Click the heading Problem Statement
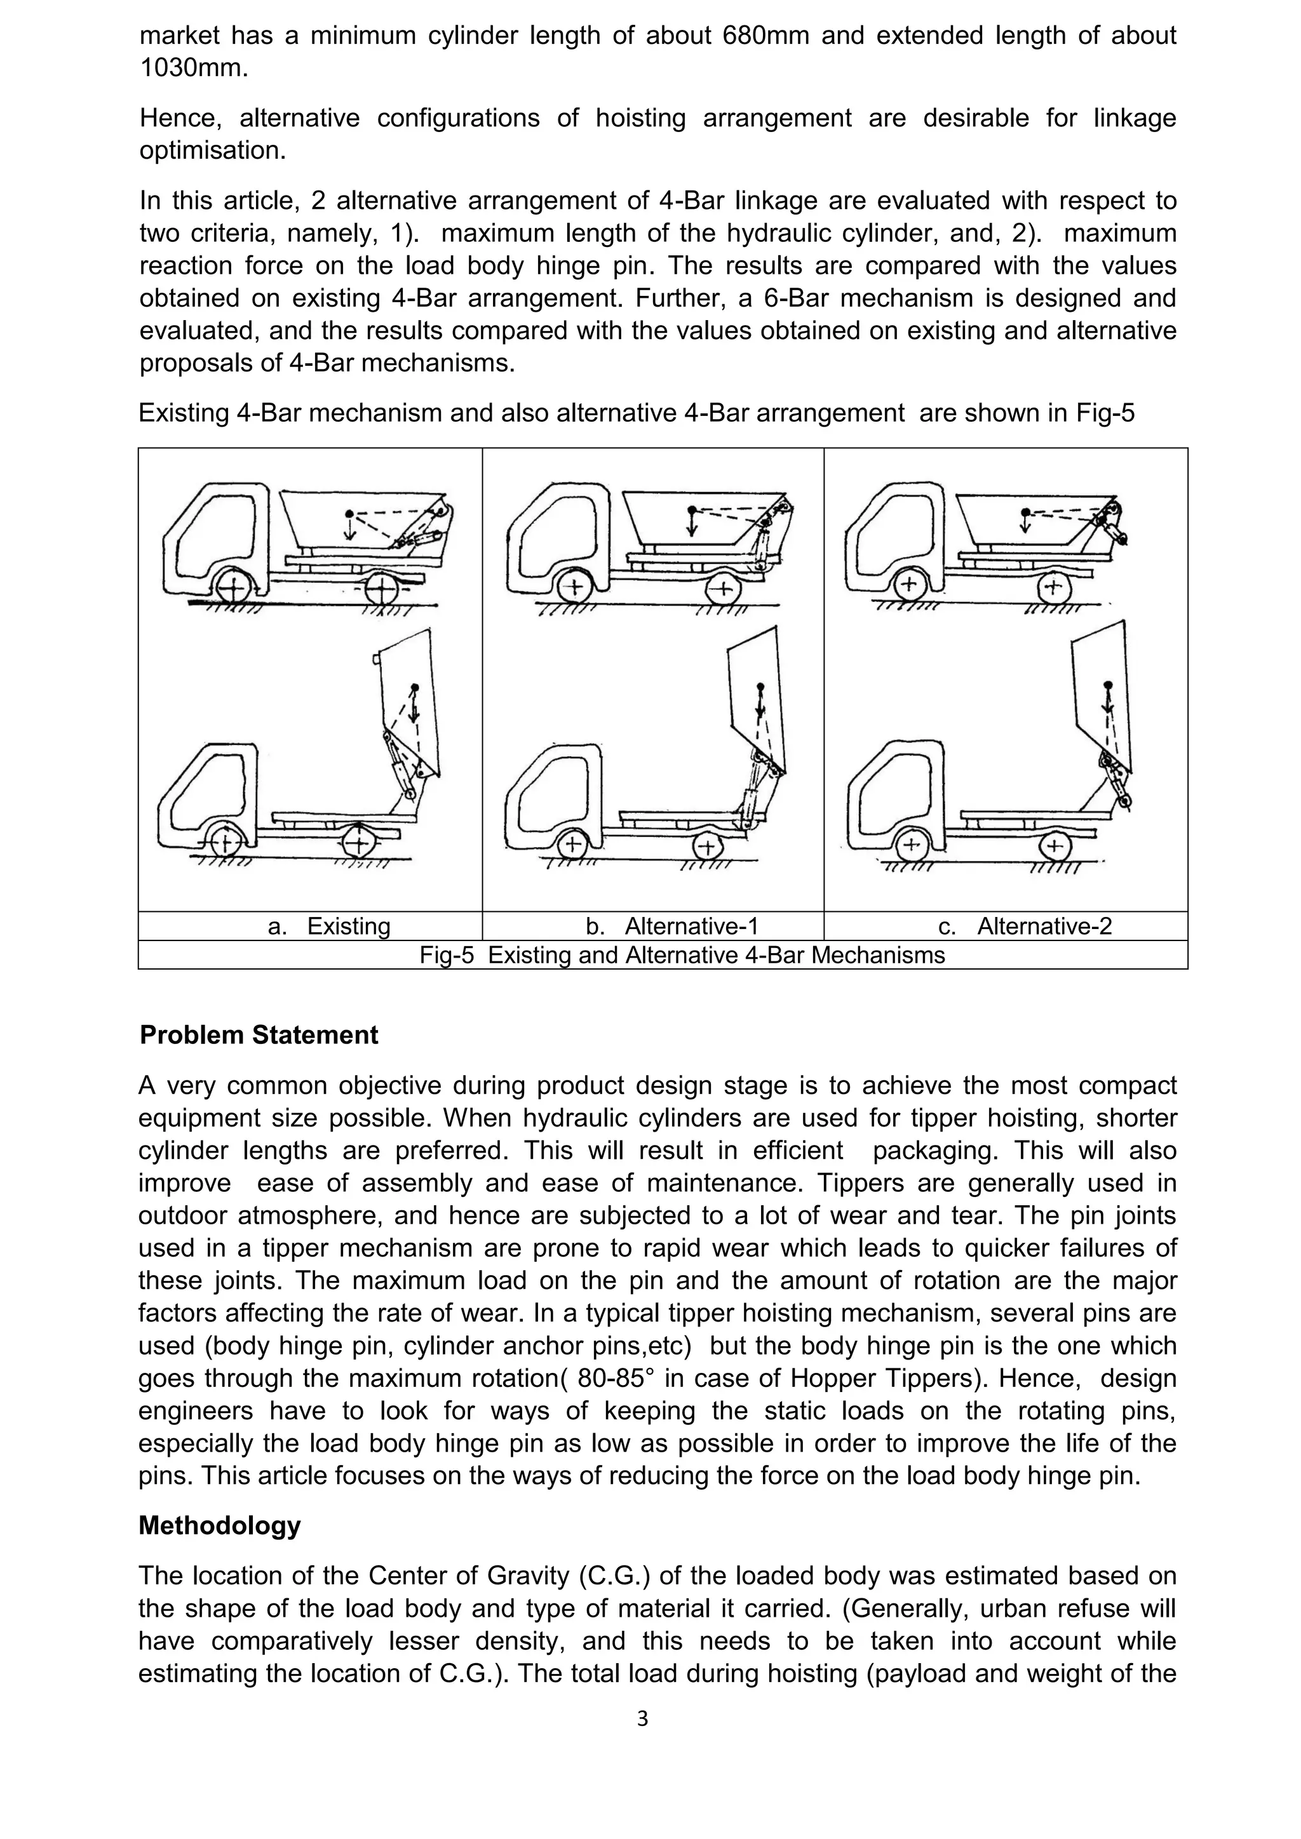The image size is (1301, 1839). (x=258, y=1035)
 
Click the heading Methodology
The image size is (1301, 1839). (x=220, y=1525)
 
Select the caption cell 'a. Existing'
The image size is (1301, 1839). (x=328, y=926)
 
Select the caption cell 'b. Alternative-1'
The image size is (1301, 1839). (x=671, y=926)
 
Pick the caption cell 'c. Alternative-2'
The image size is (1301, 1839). (x=1025, y=926)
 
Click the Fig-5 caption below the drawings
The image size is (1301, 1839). (x=682, y=954)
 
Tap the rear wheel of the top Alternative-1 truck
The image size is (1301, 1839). (x=724, y=591)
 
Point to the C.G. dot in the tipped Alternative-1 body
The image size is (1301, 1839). (x=761, y=687)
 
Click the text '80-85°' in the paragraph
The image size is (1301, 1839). (x=614, y=1379)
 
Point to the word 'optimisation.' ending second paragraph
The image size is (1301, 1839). (x=212, y=150)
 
